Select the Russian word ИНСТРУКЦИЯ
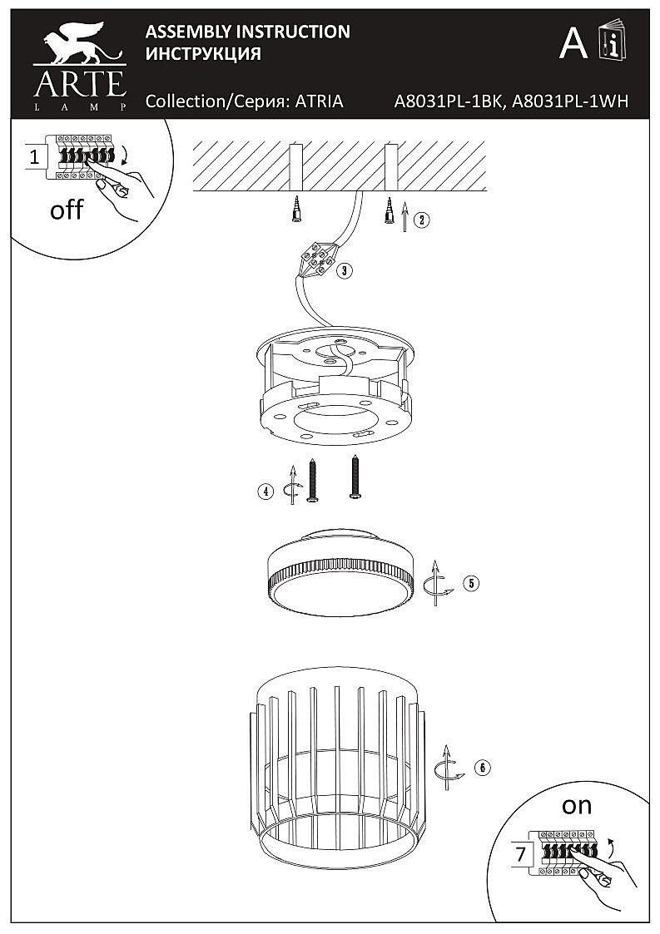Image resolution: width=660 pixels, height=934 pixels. (203, 54)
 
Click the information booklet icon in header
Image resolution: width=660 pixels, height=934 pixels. (612, 42)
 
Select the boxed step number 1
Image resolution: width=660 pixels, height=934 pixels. (34, 156)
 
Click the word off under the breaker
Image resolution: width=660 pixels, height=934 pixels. (67, 210)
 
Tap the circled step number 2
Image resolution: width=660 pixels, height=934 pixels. (423, 220)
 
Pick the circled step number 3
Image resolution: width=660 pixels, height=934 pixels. (345, 270)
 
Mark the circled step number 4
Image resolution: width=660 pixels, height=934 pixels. (265, 492)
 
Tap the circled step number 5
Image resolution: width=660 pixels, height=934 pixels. (472, 582)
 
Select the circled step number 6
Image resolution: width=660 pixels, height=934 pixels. (481, 767)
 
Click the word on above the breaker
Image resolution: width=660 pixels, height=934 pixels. (576, 805)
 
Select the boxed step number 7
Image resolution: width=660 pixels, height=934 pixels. (521, 853)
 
